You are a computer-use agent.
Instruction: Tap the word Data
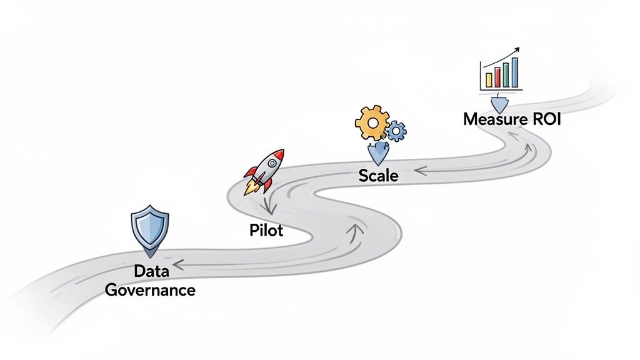[x=151, y=271]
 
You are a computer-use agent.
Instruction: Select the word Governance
[x=150, y=290]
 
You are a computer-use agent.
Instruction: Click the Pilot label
[x=266, y=231]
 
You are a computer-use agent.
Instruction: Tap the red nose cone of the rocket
[x=279, y=153]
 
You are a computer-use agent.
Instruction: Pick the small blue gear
[x=396, y=131]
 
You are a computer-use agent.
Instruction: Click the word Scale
[x=378, y=176]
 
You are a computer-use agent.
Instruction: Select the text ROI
[x=544, y=119]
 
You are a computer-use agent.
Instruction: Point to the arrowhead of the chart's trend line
[x=519, y=49]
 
